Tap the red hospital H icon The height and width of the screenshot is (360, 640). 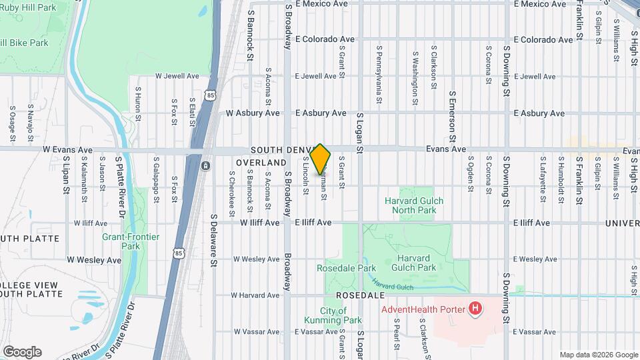coord(475,308)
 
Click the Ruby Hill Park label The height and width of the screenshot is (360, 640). coord(28,7)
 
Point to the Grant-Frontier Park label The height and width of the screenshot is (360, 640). coord(121,241)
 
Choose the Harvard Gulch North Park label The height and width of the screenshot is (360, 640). coord(414,205)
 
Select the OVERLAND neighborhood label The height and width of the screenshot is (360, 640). coord(261,163)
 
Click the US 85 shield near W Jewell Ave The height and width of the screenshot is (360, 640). coord(211,95)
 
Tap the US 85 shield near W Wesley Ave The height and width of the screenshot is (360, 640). coord(178,253)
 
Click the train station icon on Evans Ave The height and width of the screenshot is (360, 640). coord(206,165)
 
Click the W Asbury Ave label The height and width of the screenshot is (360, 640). coord(253,113)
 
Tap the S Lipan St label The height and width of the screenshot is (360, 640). coord(66,175)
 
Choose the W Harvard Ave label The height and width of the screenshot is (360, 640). coord(256,295)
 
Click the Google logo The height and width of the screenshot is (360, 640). coord(23,352)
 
